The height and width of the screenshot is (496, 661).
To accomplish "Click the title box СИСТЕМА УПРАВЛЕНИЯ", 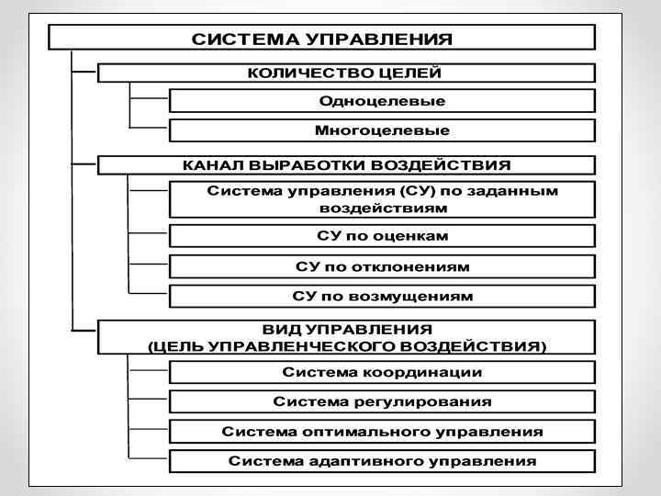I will pyautogui.click(x=321, y=39).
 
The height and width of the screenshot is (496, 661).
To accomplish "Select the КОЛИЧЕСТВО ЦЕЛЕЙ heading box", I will pyautogui.click(x=345, y=73).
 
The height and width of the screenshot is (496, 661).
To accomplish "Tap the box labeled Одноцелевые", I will pyautogui.click(x=382, y=100).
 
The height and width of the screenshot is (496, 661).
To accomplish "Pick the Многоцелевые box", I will pyautogui.click(x=382, y=130).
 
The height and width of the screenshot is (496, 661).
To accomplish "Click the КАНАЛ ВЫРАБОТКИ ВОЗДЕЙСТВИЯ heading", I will pyautogui.click(x=345, y=165).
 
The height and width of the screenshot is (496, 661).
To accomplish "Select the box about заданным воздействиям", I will pyautogui.click(x=382, y=199).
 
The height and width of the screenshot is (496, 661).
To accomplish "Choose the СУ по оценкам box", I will pyautogui.click(x=382, y=237).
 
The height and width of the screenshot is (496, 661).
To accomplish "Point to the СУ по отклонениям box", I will pyautogui.click(x=382, y=266).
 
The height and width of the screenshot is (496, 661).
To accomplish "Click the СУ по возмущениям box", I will pyautogui.click(x=382, y=296).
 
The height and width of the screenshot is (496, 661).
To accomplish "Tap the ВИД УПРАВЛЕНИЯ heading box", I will pyautogui.click(x=345, y=336).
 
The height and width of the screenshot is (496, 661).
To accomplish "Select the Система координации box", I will pyautogui.click(x=382, y=372).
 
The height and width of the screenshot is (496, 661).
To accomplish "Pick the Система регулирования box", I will pyautogui.click(x=382, y=401).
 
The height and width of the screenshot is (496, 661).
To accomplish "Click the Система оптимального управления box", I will pyautogui.click(x=382, y=431).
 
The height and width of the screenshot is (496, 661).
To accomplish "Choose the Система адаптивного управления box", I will pyautogui.click(x=382, y=460).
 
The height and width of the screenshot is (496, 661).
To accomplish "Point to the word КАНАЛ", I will pyautogui.click(x=211, y=165).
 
